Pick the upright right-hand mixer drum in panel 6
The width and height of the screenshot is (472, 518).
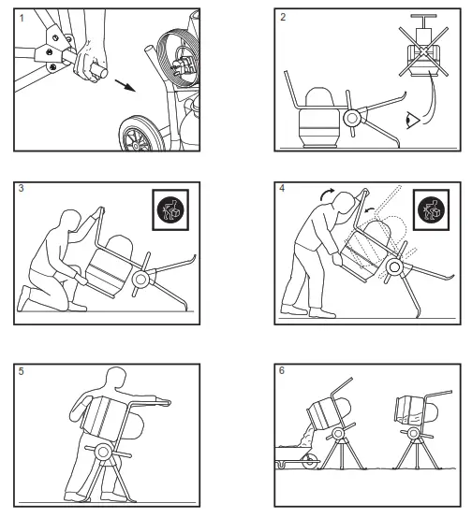pos(411,409)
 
